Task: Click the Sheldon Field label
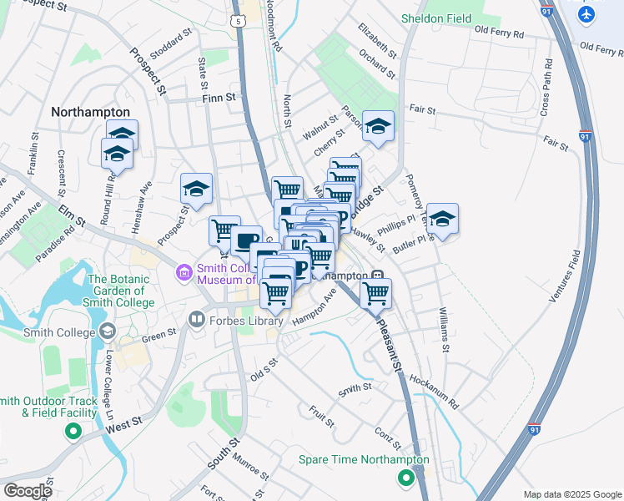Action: [x=435, y=18]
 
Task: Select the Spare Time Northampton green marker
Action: [x=405, y=478]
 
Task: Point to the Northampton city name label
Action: [x=90, y=111]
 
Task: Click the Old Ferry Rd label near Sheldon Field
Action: [x=499, y=33]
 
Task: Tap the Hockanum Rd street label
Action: [x=434, y=391]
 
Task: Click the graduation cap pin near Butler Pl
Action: [x=442, y=218]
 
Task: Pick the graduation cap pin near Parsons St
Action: [x=379, y=126]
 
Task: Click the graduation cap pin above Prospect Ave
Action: [x=197, y=188]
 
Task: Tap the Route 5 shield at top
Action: [x=239, y=18]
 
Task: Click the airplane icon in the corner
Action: [x=587, y=14]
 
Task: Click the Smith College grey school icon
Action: [x=107, y=332]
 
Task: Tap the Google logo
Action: [x=28, y=491]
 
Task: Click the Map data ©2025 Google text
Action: [x=572, y=494]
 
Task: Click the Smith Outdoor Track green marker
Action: [x=73, y=432]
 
